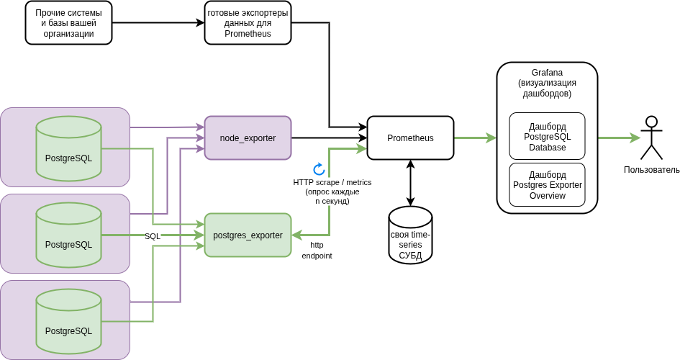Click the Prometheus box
410,138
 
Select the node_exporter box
248,138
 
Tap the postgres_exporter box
248,235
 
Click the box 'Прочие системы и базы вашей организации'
68,23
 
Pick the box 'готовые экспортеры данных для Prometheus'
248,23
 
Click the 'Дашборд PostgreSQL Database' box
547,136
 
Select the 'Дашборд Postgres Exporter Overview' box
547,185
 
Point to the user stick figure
651,138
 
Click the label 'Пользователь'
651,170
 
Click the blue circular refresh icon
319,169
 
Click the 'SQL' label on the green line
153,236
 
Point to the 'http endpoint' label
317,250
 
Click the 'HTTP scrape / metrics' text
327,182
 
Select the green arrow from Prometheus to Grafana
475,138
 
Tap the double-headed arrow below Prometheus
410,183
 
